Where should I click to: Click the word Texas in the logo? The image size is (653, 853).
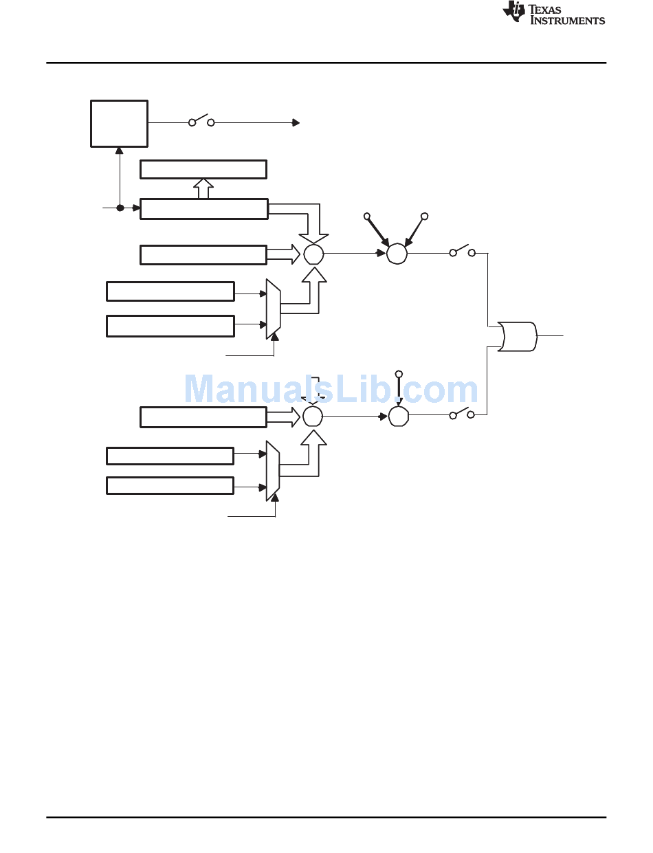point(544,10)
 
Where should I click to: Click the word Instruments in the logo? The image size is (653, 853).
point(568,21)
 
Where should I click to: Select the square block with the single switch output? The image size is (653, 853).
point(120,124)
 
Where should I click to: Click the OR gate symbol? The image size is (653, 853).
point(517,336)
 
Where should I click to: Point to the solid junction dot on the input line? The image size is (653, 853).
point(120,208)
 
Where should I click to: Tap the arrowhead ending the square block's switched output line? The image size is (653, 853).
point(296,123)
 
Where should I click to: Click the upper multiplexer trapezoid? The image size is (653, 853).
point(273,309)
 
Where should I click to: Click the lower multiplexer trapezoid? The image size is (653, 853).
point(273,471)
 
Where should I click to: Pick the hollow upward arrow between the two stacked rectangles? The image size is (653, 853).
point(203,189)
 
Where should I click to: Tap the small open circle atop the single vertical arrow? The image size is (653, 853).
point(399,374)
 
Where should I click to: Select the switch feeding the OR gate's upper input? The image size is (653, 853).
point(463,251)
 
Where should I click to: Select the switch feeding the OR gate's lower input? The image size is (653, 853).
point(462,413)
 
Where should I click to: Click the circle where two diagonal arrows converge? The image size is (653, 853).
point(397,254)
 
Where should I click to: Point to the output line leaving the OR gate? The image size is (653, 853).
point(550,336)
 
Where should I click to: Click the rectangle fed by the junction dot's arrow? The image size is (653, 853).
point(204,209)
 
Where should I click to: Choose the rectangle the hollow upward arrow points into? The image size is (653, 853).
point(203,169)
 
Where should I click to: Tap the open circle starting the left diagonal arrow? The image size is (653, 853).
point(367,217)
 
